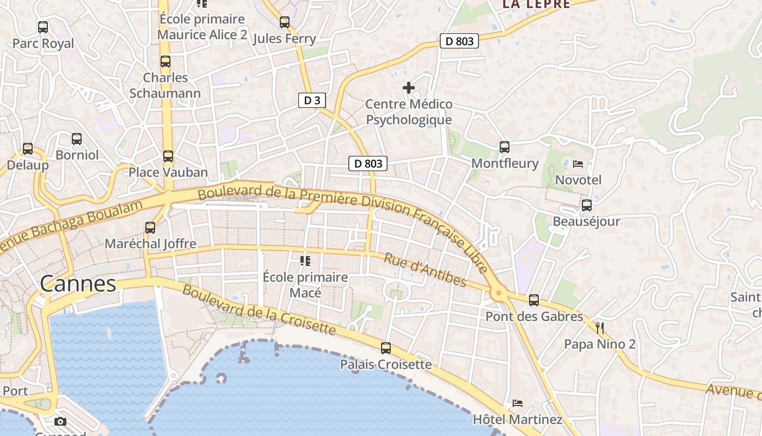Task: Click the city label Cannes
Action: (78, 283)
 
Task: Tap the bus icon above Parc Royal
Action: (43, 27)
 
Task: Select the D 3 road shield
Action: (312, 100)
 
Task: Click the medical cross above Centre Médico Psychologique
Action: (409, 87)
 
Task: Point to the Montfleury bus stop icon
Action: (505, 147)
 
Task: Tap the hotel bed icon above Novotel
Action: (578, 163)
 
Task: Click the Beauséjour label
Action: (586, 222)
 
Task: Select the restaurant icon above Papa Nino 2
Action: (600, 328)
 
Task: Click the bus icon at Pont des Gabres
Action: (534, 300)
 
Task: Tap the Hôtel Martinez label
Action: (518, 419)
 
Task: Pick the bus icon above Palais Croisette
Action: (386, 348)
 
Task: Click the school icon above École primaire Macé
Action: (305, 261)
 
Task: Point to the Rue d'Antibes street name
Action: (425, 269)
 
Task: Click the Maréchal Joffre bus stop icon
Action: (150, 227)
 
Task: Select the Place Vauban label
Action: (168, 172)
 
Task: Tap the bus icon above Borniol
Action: (77, 139)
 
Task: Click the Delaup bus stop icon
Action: (27, 149)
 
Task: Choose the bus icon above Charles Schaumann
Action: (165, 62)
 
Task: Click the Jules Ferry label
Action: (285, 39)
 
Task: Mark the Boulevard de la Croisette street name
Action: (259, 309)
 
